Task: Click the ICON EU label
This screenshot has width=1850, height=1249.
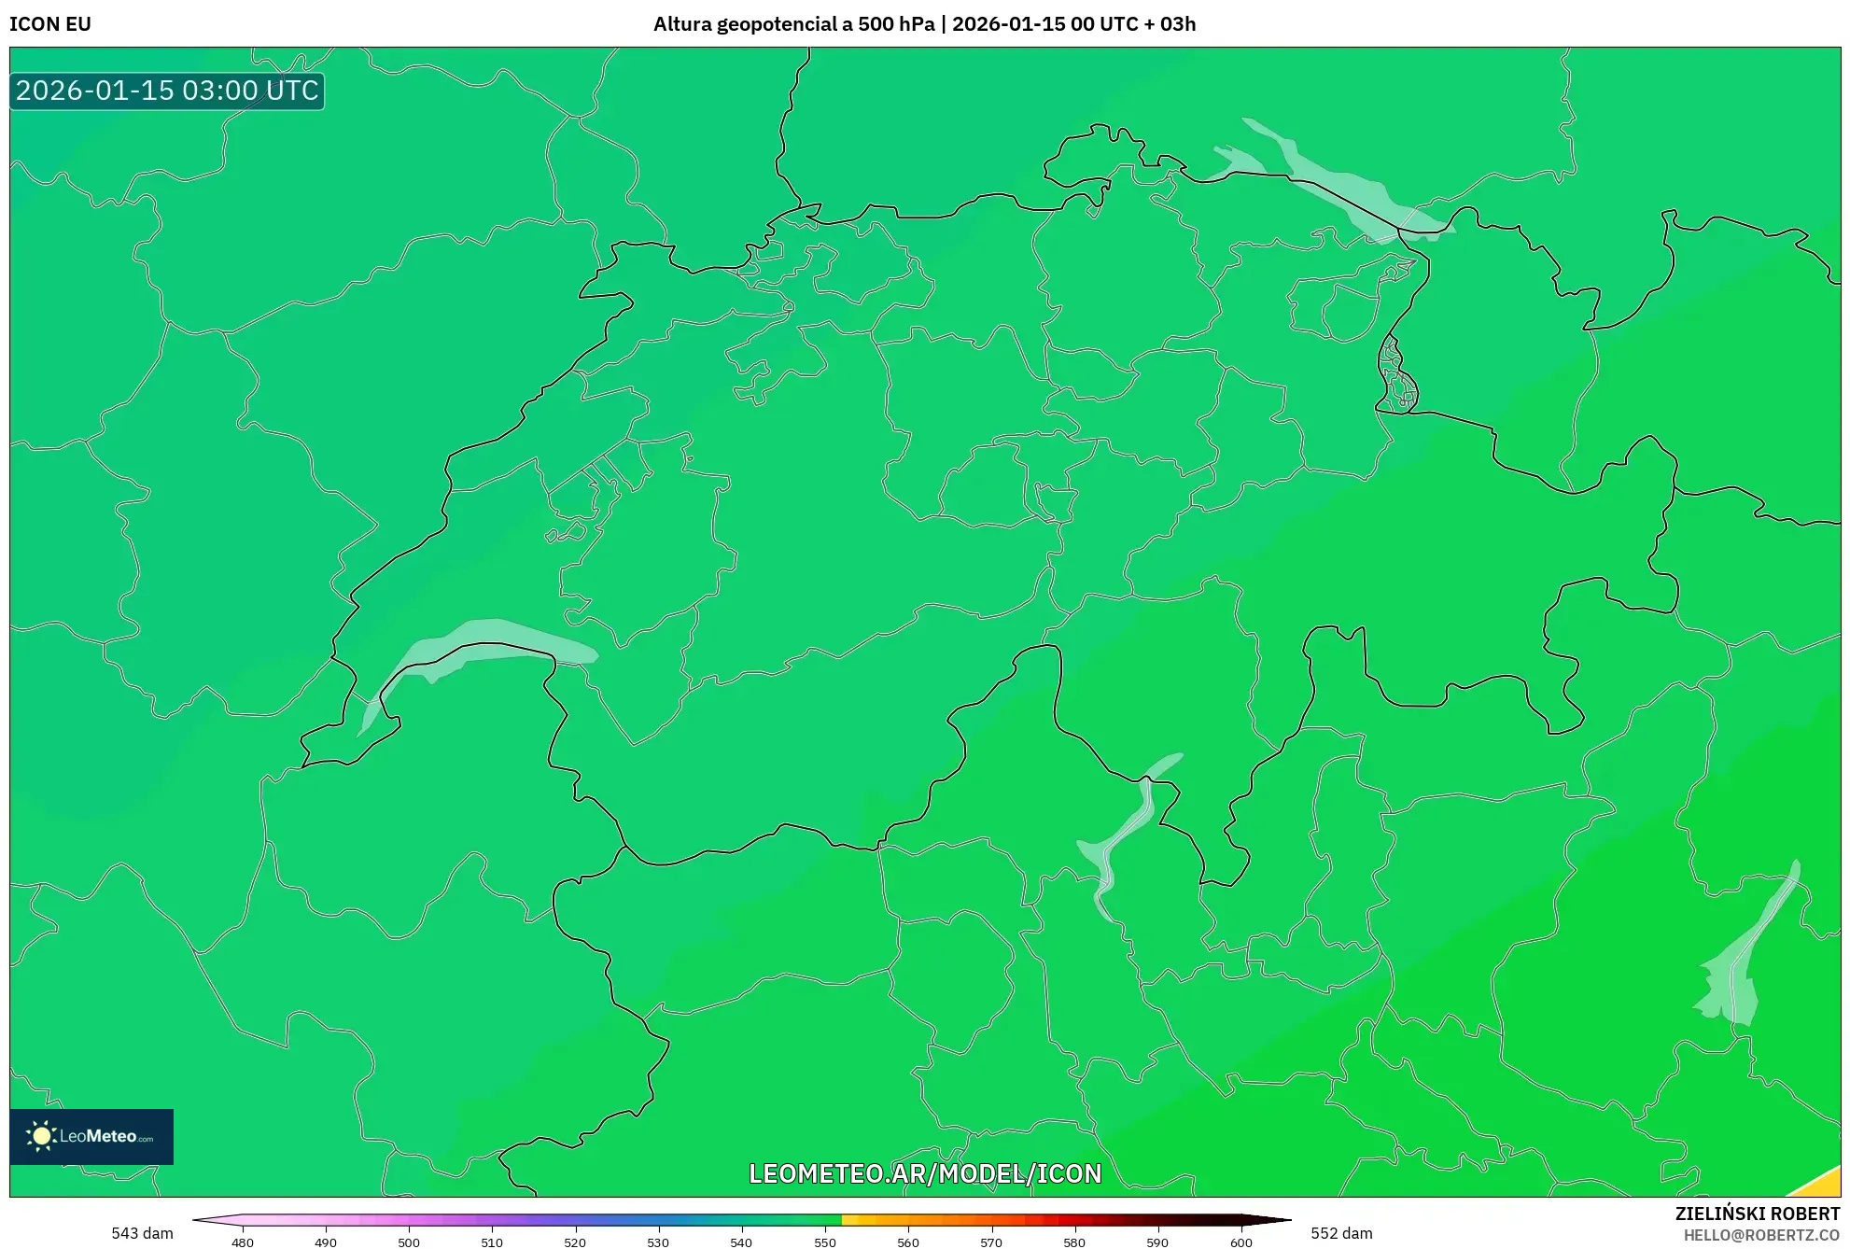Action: point(50,24)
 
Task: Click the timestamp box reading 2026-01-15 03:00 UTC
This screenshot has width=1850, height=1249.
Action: point(167,91)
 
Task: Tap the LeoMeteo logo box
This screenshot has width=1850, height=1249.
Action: point(91,1136)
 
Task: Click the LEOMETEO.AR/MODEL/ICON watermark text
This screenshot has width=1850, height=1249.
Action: point(925,1173)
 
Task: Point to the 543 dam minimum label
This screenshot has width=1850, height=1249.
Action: point(142,1233)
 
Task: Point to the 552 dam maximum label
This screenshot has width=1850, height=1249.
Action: point(1341,1233)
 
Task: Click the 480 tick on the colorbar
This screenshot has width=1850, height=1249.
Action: point(243,1242)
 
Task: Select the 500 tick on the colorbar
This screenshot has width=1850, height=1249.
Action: point(409,1242)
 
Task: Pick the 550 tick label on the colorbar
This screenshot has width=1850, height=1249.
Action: point(825,1242)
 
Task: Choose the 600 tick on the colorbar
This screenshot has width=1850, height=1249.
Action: point(1240,1242)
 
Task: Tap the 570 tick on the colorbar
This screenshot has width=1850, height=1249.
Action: point(991,1242)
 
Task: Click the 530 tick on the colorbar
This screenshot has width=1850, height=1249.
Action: point(658,1242)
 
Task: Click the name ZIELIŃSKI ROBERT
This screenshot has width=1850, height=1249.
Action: point(1757,1214)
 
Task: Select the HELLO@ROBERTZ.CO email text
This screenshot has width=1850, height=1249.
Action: point(1761,1235)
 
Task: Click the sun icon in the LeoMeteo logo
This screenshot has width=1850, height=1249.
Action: point(41,1136)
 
